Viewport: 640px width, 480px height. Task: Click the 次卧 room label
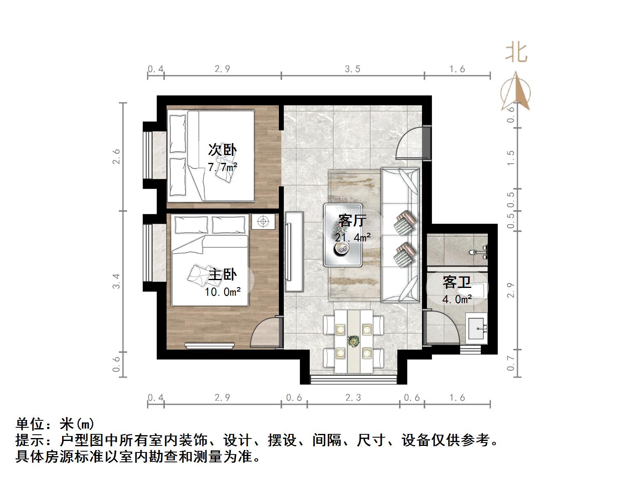222,150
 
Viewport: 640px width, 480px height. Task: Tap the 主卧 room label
222,274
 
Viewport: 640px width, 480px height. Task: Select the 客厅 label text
352,221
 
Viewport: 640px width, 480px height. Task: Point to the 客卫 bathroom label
457,283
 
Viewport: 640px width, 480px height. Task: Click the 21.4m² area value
352,238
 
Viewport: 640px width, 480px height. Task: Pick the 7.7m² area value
222,167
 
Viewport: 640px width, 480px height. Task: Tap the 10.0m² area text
223,292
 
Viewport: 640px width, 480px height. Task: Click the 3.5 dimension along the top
352,69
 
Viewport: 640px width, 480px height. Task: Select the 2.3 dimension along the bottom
353,397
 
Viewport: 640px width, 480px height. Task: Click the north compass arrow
515,92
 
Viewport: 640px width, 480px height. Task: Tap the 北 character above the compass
516,53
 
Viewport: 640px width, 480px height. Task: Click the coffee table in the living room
343,235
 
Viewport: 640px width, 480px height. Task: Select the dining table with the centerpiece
353,341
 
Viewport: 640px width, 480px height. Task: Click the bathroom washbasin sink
477,328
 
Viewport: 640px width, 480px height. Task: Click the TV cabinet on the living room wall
293,252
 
